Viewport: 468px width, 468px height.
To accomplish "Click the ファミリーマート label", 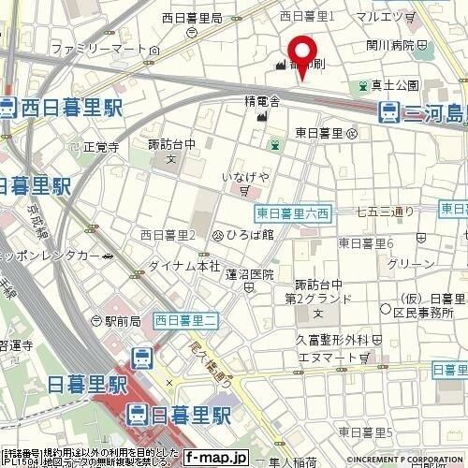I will coord(102,47).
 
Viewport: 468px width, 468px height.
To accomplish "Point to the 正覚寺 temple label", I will coord(101,147).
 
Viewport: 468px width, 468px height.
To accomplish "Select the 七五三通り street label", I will coord(384,212).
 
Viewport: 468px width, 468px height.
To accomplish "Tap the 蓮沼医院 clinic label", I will coord(250,274).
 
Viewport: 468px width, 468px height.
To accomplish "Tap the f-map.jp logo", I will coord(214,458).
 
